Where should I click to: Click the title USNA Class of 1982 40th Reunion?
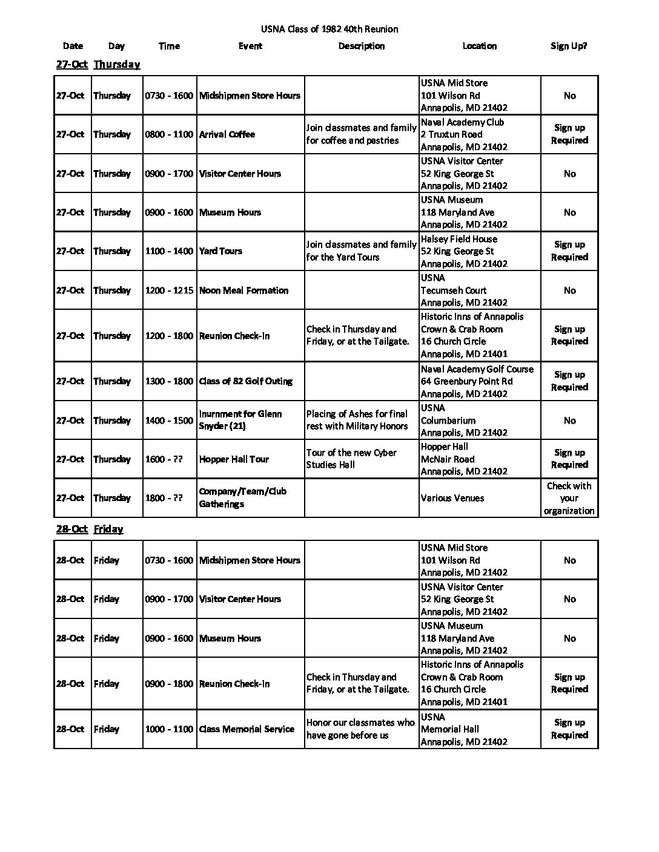[329, 29]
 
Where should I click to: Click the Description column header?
[361, 46]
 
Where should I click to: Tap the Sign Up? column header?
[569, 46]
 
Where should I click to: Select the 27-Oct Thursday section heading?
[98, 65]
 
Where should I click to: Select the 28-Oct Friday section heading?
[90, 529]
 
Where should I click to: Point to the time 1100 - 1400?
[169, 251]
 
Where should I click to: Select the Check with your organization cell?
[569, 498]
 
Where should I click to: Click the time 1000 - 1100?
[169, 729]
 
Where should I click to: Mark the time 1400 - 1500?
[169, 420]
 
